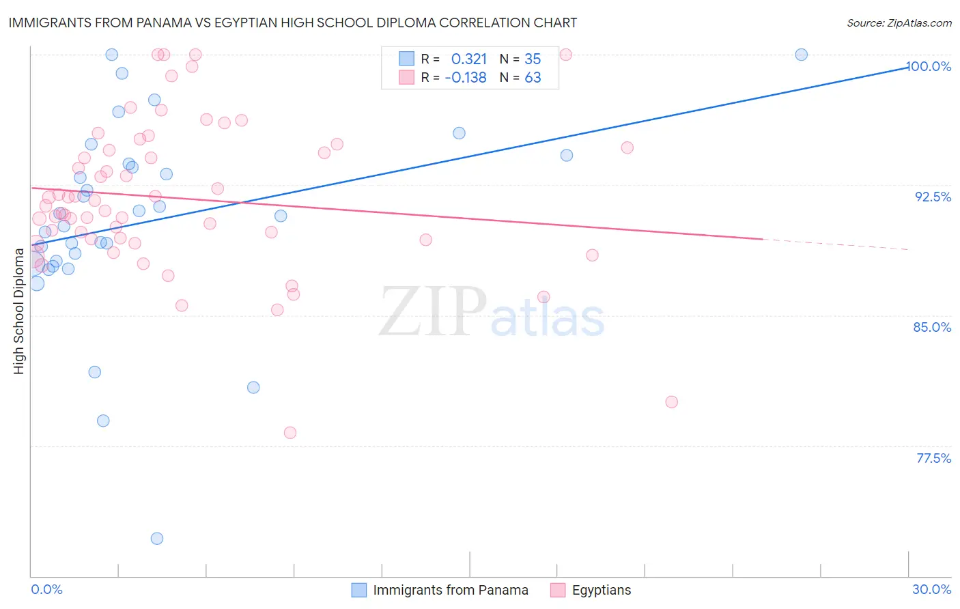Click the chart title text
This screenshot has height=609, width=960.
[x=292, y=23]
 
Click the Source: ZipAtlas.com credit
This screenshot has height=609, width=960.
[x=899, y=23]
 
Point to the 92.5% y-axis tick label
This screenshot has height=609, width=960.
[x=933, y=197]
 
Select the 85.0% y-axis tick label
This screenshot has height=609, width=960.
[x=932, y=327]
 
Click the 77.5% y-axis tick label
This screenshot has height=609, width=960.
[x=933, y=458]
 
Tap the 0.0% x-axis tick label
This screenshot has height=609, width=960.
[x=47, y=589]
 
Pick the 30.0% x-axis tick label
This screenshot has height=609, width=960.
[x=931, y=589]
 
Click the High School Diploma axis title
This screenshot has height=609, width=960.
[x=19, y=311]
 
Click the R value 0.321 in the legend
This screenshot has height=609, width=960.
[x=468, y=59]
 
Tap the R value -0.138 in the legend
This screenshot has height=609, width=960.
[x=466, y=78]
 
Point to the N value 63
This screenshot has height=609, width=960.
[x=533, y=78]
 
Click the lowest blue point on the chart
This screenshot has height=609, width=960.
[x=157, y=539]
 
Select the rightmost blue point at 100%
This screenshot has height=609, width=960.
[x=802, y=55]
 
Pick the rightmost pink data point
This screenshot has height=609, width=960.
[x=671, y=402]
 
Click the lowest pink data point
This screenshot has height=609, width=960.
[x=290, y=433]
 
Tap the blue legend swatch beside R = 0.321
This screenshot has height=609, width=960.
[x=407, y=59]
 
